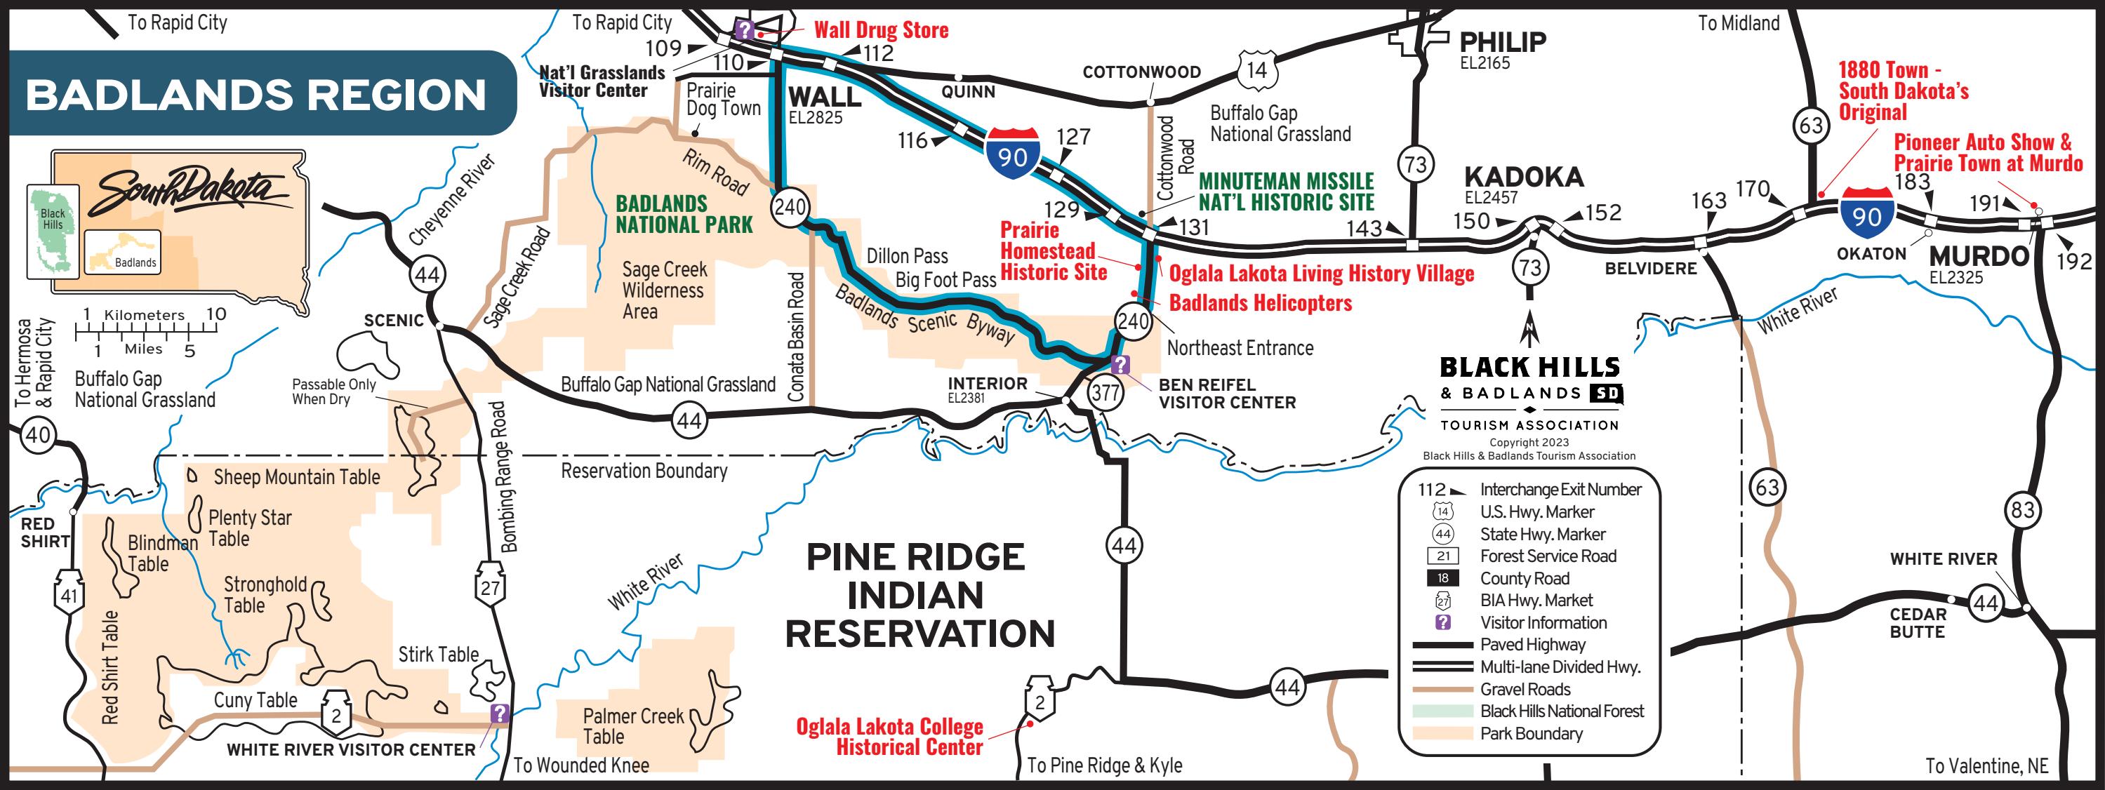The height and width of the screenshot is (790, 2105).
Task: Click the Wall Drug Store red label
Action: point(880,31)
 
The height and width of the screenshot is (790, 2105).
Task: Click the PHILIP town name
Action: point(1502,41)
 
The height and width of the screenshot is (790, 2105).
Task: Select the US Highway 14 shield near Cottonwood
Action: point(1256,71)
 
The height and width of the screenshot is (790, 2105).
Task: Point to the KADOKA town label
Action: point(1523,177)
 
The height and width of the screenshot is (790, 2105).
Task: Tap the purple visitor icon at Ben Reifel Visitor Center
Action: point(1120,364)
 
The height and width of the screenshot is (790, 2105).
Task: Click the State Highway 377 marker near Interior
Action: point(1105,393)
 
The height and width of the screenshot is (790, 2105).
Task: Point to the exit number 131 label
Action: point(1194,227)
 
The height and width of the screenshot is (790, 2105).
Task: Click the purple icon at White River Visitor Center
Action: point(499,714)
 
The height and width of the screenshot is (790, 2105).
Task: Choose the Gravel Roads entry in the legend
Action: point(1525,689)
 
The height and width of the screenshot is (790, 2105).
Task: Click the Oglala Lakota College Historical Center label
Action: point(891,736)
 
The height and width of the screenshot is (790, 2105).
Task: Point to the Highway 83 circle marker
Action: point(2021,511)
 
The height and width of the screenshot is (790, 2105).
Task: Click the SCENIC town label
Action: point(393,320)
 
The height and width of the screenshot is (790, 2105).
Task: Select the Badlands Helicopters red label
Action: point(1259,303)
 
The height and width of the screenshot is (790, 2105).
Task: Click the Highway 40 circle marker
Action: point(38,434)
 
